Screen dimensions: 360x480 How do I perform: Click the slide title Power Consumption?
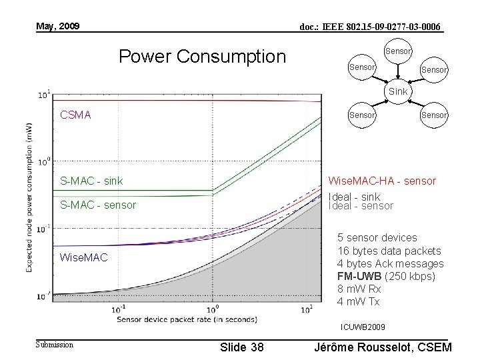click(x=201, y=57)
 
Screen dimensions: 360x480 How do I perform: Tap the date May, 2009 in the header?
click(x=58, y=27)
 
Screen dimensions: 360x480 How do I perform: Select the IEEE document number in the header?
click(x=370, y=27)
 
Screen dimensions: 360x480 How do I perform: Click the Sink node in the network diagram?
click(x=398, y=91)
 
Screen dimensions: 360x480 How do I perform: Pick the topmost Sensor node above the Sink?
click(x=398, y=51)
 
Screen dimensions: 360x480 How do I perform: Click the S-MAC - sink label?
click(x=91, y=181)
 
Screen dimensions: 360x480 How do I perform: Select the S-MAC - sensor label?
click(x=98, y=205)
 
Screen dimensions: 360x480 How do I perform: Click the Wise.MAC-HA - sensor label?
click(x=383, y=181)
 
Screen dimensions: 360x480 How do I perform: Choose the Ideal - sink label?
click(x=355, y=197)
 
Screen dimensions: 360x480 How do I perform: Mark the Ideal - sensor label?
click(x=361, y=206)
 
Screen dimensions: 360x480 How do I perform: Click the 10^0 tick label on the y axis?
click(x=43, y=161)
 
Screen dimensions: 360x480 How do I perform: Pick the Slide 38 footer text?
click(x=241, y=347)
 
